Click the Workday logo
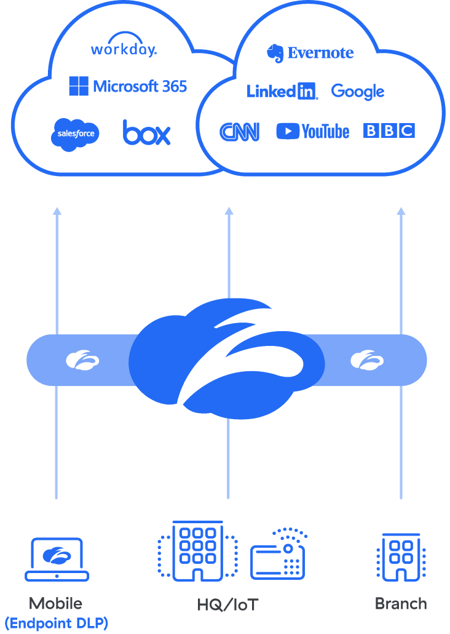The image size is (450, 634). tap(124, 48)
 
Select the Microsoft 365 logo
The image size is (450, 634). tap(128, 86)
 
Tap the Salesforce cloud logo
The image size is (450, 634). tap(75, 134)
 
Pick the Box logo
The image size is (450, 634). tap(146, 132)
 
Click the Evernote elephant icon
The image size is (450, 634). tap(275, 54)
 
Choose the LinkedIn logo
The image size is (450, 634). tap(282, 92)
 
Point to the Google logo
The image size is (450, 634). tap(357, 92)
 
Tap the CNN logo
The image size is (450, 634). tap(239, 131)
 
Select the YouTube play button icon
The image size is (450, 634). tap(287, 131)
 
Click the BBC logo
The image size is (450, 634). tap(389, 130)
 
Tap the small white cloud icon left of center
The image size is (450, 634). tap(83, 359)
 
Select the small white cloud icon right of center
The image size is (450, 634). tap(367, 359)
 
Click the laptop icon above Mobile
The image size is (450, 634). tap(57, 559)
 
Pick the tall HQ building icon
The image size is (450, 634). tap(198, 551)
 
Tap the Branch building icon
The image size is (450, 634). tap(401, 557)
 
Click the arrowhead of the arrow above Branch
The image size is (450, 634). tap(401, 211)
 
